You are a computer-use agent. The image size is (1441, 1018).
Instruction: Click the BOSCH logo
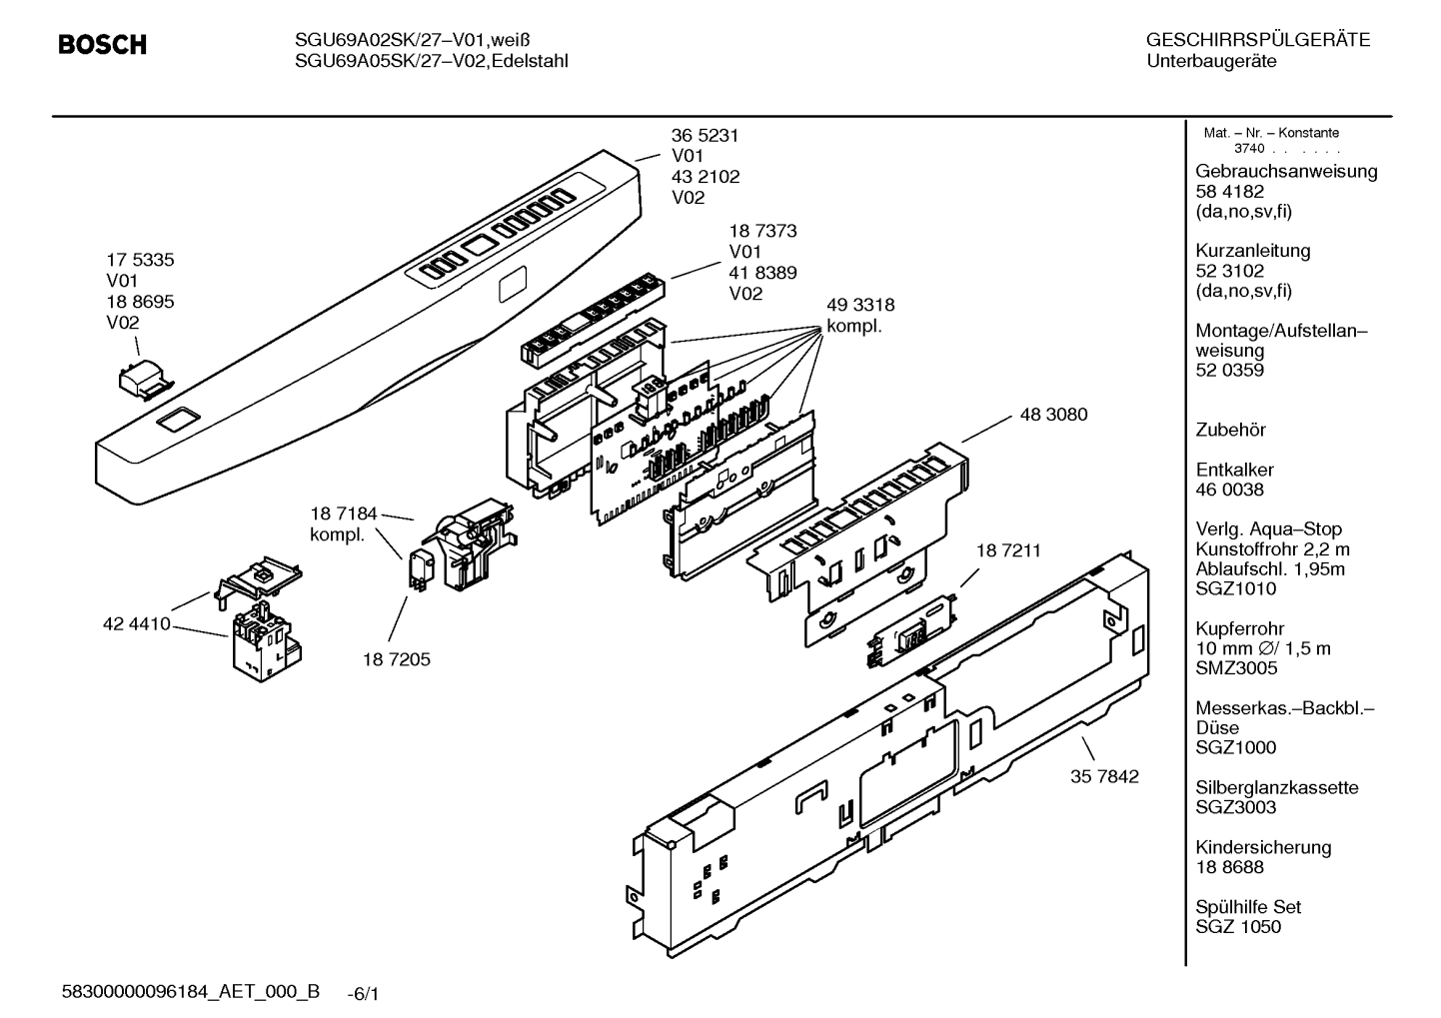[x=102, y=44]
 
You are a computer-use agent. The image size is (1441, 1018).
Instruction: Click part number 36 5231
[x=705, y=136]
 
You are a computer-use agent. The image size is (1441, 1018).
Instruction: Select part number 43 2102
[x=706, y=177]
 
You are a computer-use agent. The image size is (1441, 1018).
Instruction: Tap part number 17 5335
[x=140, y=260]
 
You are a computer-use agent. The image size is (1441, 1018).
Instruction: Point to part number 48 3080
[x=1053, y=415]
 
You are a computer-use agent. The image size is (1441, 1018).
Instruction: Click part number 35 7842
[x=1104, y=776]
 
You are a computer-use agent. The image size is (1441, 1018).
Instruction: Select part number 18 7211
[x=1008, y=550]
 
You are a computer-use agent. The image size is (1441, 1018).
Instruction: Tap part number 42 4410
[x=136, y=623]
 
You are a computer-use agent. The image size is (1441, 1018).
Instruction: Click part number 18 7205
[x=397, y=659]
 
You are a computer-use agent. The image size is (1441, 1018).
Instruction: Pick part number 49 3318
[x=860, y=305]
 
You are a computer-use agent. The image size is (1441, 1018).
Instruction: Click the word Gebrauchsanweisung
[x=1286, y=172]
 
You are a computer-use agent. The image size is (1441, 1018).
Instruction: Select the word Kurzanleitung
[x=1252, y=251]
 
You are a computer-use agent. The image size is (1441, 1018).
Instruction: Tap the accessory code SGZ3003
[x=1235, y=807]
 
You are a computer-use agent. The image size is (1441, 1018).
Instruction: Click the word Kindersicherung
[x=1263, y=847]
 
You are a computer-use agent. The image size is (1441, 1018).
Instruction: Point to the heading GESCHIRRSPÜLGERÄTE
[x=1258, y=40]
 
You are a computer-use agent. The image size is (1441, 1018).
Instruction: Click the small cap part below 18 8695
[x=147, y=380]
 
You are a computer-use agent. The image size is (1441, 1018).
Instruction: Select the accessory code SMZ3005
[x=1236, y=668]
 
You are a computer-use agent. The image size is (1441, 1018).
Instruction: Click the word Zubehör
[x=1230, y=430]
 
